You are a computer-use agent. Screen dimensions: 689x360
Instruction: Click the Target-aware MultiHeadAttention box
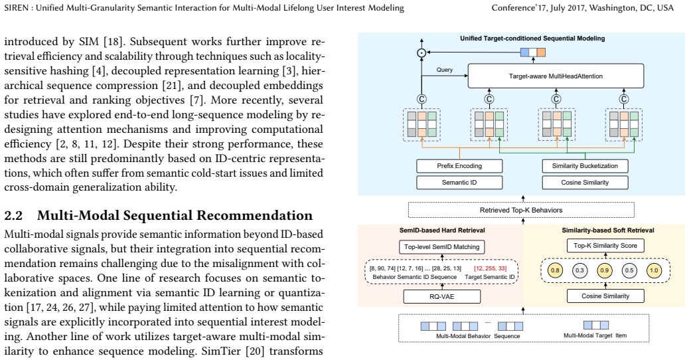pyautogui.click(x=556, y=76)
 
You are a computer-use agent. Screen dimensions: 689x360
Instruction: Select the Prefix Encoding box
pyautogui.click(x=459, y=165)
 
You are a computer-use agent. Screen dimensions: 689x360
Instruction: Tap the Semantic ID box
pyautogui.click(x=459, y=183)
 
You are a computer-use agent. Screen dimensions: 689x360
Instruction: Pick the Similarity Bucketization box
pyautogui.click(x=585, y=165)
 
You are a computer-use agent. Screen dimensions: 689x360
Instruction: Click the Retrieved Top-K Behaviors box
pyautogui.click(x=521, y=210)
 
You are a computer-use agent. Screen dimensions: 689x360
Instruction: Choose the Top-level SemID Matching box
pyautogui.click(x=441, y=247)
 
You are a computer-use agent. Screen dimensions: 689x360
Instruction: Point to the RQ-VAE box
pyautogui.click(x=441, y=297)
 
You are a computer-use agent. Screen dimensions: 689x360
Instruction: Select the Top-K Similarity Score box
pyautogui.click(x=605, y=246)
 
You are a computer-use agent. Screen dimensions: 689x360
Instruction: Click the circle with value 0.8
pyautogui.click(x=555, y=270)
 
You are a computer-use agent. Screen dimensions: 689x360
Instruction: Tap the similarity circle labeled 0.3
pyautogui.click(x=579, y=270)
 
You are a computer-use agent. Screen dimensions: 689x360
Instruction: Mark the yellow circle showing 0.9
pyautogui.click(x=605, y=270)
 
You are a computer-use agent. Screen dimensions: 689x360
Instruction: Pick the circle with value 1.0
pyautogui.click(x=654, y=270)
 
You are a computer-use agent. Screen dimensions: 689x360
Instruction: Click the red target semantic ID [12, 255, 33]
pyautogui.click(x=490, y=268)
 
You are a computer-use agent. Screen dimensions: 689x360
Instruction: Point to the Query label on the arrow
pyautogui.click(x=445, y=70)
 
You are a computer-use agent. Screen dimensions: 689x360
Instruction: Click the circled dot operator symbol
pyautogui.click(x=421, y=52)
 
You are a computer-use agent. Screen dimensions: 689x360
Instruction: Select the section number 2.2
pyautogui.click(x=14, y=215)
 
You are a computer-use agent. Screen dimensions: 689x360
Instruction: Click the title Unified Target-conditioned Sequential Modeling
pyautogui.click(x=532, y=39)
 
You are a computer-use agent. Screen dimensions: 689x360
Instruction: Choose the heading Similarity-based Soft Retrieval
pyautogui.click(x=608, y=230)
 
